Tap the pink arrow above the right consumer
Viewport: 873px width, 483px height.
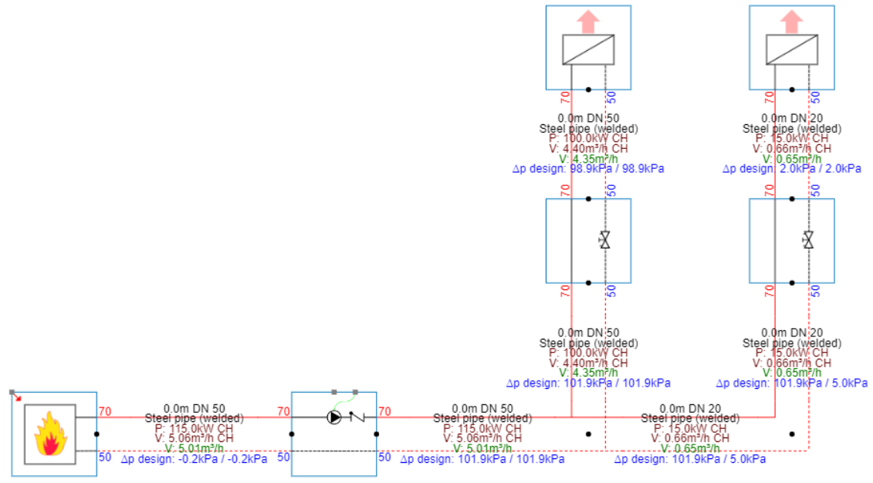(x=792, y=20)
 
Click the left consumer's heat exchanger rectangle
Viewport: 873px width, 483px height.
(x=588, y=49)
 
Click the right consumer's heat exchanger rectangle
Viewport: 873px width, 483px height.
(x=792, y=49)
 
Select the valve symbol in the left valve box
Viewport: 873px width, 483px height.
(x=604, y=240)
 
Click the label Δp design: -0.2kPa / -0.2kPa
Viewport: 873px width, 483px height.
(x=194, y=459)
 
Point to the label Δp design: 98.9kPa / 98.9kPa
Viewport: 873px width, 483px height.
(x=588, y=168)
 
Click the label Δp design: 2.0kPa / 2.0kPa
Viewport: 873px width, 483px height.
(x=792, y=168)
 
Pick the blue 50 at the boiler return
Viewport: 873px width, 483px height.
(x=106, y=457)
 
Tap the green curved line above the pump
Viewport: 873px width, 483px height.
(x=344, y=400)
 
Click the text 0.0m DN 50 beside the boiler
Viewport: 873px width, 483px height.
(x=194, y=408)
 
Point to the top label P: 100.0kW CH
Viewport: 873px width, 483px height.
(x=588, y=138)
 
